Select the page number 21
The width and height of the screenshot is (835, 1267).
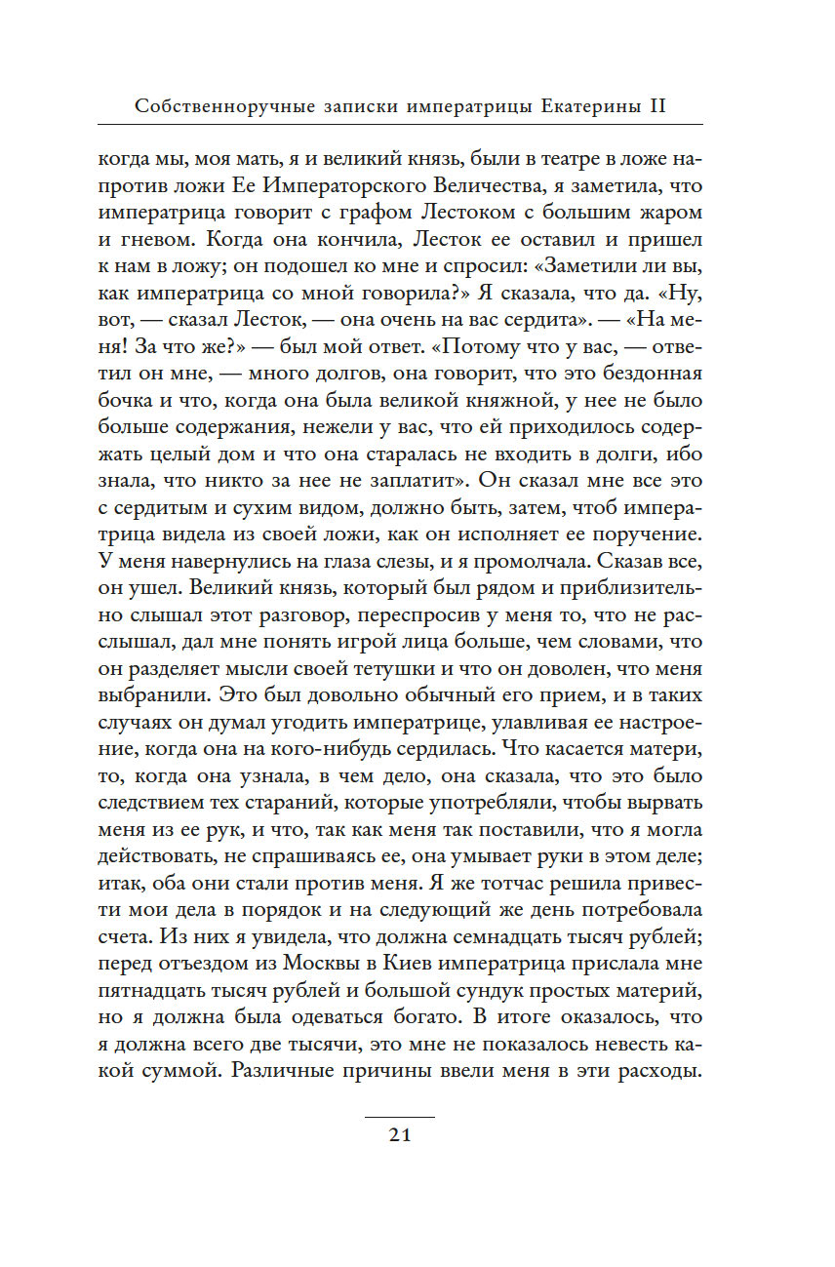pyautogui.click(x=399, y=1134)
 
